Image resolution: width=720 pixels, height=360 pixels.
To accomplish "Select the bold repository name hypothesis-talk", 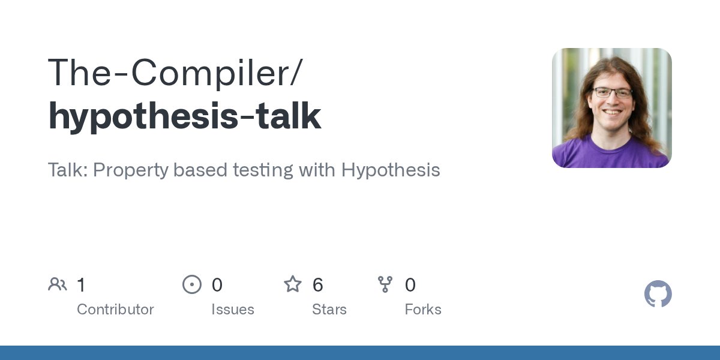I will click(x=185, y=116).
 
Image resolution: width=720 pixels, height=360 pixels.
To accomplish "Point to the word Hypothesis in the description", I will click(x=391, y=170).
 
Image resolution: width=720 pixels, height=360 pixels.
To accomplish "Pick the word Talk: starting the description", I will click(x=67, y=170).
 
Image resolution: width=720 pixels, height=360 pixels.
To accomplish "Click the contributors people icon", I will click(x=58, y=284).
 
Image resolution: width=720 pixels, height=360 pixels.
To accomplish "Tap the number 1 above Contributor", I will click(x=82, y=285).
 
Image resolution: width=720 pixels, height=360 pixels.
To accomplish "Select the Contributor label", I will click(x=115, y=310).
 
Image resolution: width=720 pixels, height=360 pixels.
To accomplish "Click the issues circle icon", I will click(x=192, y=284).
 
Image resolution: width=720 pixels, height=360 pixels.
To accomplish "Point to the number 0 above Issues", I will click(x=217, y=285).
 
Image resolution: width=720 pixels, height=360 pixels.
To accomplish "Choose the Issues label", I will click(x=232, y=310).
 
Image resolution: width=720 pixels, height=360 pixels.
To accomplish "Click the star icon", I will click(x=293, y=284).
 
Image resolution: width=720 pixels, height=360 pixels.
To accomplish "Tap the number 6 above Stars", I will click(x=318, y=285).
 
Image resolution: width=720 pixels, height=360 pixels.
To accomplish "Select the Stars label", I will click(x=329, y=310).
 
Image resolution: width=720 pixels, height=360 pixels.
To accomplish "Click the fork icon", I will click(x=385, y=284).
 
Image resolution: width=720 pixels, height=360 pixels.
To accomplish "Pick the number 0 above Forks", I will click(x=410, y=285).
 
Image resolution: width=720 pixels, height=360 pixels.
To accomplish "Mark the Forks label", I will click(x=422, y=310).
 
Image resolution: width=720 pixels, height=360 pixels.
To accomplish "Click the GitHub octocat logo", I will click(x=658, y=295).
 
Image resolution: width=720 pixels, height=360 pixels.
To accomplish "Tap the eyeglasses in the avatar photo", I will click(x=612, y=93).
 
